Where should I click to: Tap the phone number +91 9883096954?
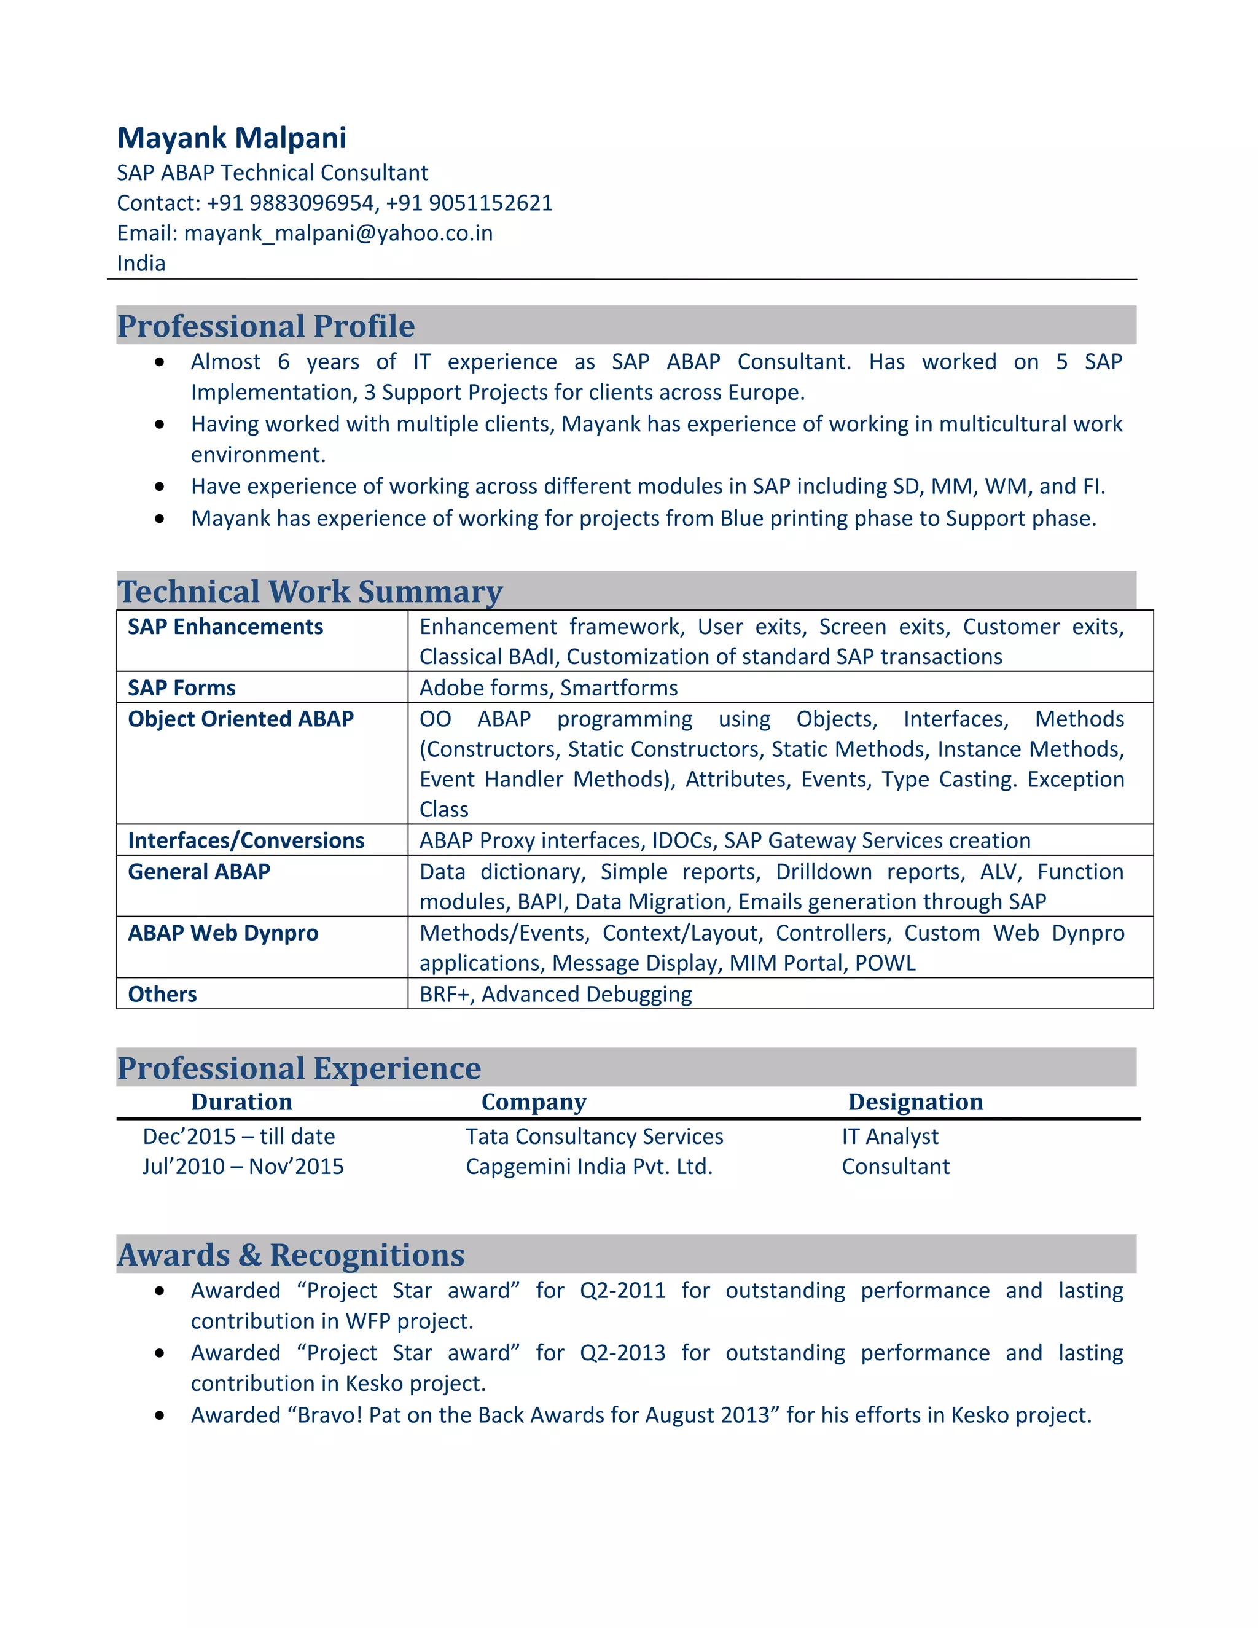[291, 203]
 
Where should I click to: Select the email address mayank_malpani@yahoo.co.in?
[338, 233]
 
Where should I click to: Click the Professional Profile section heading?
[266, 326]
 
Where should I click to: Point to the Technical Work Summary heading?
[310, 591]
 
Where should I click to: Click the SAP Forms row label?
[181, 687]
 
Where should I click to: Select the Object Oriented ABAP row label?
[241, 719]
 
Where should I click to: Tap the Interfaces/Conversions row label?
[246, 840]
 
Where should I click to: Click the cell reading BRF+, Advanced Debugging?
[555, 993]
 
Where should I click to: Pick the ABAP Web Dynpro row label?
[223, 933]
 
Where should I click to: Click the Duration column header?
[241, 1102]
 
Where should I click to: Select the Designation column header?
[915, 1102]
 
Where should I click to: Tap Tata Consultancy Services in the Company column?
[594, 1136]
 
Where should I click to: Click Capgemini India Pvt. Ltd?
[588, 1166]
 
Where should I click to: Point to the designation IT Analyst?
[890, 1136]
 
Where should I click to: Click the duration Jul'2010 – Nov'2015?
[243, 1166]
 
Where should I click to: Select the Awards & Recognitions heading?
[291, 1254]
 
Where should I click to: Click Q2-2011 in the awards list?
[622, 1290]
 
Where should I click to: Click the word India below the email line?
[141, 263]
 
